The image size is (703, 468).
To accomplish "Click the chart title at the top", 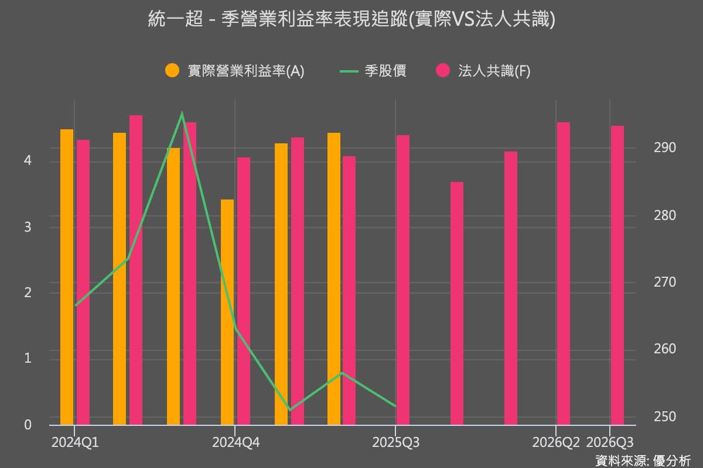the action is pyautogui.click(x=351, y=19).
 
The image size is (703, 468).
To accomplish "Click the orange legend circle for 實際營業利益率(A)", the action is pyautogui.click(x=172, y=70).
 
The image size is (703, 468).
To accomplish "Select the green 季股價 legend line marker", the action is pyautogui.click(x=349, y=71).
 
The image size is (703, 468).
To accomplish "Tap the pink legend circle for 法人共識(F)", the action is pyautogui.click(x=443, y=70).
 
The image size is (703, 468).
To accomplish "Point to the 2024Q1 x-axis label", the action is pyautogui.click(x=75, y=443).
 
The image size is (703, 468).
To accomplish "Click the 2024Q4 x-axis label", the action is pyautogui.click(x=236, y=443).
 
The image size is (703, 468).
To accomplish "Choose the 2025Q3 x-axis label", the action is pyautogui.click(x=396, y=443).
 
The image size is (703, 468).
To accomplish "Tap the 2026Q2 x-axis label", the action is pyautogui.click(x=556, y=443).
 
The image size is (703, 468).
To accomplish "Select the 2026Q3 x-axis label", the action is pyautogui.click(x=610, y=443).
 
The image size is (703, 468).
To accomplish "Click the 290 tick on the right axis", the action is pyautogui.click(x=665, y=147).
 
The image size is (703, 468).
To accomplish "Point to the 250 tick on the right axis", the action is pyautogui.click(x=665, y=417).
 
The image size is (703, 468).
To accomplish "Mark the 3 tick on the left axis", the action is pyautogui.click(x=28, y=227).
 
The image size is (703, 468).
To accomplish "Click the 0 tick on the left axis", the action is pyautogui.click(x=28, y=425).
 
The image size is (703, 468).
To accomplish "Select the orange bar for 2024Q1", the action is pyautogui.click(x=67, y=277).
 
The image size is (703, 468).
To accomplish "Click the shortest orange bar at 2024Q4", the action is pyautogui.click(x=227, y=312).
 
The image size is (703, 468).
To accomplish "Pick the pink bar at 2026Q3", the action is pyautogui.click(x=617, y=275).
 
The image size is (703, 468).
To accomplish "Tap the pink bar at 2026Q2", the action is pyautogui.click(x=564, y=274).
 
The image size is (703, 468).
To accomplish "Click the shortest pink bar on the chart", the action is pyautogui.click(x=457, y=304).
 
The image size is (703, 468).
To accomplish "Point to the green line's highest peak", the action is pyautogui.click(x=182, y=113).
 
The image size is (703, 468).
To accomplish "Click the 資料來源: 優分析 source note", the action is pyautogui.click(x=643, y=460).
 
